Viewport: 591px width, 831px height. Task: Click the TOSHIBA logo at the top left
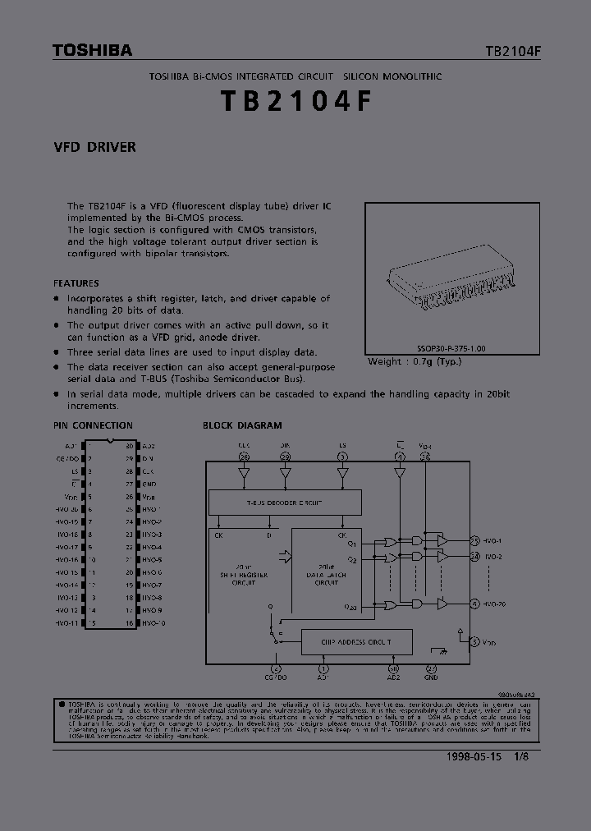point(92,51)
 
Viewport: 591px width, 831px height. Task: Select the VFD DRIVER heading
point(94,148)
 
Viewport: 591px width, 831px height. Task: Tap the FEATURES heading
point(76,283)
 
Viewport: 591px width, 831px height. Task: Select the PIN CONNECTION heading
point(93,425)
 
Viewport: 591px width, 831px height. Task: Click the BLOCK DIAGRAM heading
point(242,425)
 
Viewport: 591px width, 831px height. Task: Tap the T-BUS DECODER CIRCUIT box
point(285,503)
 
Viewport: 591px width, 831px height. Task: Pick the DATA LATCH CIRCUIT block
point(326,575)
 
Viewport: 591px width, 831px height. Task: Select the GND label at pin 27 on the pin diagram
point(149,484)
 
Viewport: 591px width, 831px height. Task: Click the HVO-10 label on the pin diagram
point(153,623)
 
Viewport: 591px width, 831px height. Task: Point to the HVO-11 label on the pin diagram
point(67,623)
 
